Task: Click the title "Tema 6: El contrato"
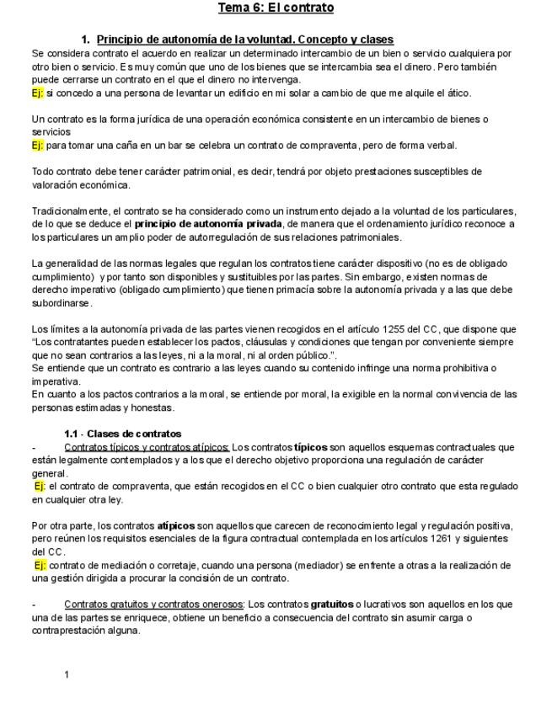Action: (x=276, y=8)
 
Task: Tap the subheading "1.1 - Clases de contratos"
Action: (x=122, y=434)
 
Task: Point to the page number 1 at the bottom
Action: (x=67, y=674)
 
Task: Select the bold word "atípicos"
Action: (x=176, y=525)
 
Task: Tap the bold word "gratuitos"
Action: (x=333, y=604)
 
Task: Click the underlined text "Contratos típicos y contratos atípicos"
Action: (x=147, y=447)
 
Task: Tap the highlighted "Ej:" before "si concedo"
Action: (x=37, y=93)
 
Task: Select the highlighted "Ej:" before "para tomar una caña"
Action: (x=37, y=145)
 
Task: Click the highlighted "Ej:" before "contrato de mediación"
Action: (x=40, y=565)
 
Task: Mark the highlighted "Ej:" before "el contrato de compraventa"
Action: (x=40, y=486)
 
